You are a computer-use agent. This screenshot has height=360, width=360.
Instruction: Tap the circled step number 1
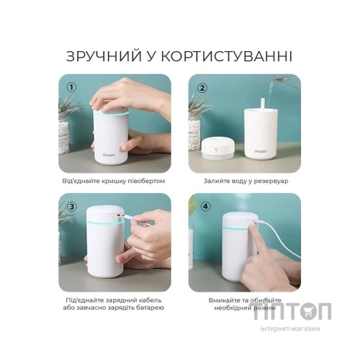[x=71, y=88]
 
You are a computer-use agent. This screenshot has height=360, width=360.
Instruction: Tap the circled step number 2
[x=202, y=88]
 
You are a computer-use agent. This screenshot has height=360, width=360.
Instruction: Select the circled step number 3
[x=71, y=206]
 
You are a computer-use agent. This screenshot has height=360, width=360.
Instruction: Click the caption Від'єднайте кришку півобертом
[x=114, y=181]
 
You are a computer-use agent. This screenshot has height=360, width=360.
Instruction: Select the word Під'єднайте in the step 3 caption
[x=82, y=297]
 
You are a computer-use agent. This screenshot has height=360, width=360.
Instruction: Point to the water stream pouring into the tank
[x=267, y=90]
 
